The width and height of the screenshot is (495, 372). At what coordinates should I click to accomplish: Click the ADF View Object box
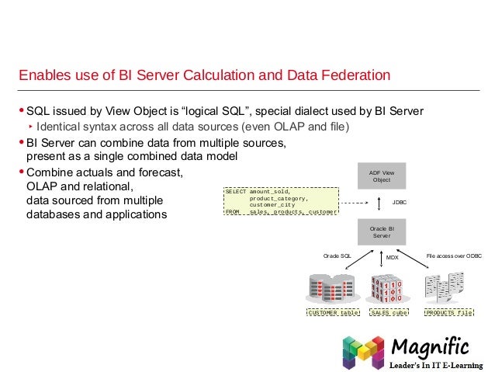pyautogui.click(x=381, y=176)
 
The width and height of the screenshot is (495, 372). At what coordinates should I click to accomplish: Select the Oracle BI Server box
pyautogui.click(x=381, y=231)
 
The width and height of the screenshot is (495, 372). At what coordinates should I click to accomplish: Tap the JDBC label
pyautogui.click(x=400, y=203)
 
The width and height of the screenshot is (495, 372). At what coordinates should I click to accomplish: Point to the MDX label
pyautogui.click(x=392, y=256)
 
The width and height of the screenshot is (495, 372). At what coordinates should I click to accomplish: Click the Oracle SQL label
pyautogui.click(x=337, y=254)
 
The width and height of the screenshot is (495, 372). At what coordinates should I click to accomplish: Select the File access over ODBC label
pyautogui.click(x=455, y=254)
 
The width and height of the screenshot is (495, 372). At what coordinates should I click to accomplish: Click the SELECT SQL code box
pyautogui.click(x=281, y=200)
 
